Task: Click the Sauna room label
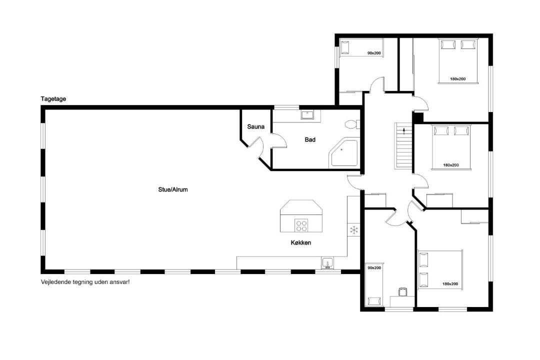pos(256,127)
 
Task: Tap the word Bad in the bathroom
pos(310,139)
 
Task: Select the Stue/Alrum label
pos(173,189)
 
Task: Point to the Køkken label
pos(301,242)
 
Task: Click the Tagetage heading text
pos(53,99)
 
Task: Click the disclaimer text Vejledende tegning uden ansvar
pos(85,282)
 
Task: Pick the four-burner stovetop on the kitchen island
pos(301,225)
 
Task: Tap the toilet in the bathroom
pos(352,124)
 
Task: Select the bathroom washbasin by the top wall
pos(307,114)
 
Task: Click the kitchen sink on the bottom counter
pos(327,263)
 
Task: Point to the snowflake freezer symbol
pos(353,230)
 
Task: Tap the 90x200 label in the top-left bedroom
pos(374,53)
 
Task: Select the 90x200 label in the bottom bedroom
pos(374,267)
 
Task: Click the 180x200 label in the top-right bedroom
pos(457,79)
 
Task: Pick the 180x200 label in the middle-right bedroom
pos(451,165)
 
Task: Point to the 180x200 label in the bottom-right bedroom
pos(450,284)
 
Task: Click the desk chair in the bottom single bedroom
pos(402,292)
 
